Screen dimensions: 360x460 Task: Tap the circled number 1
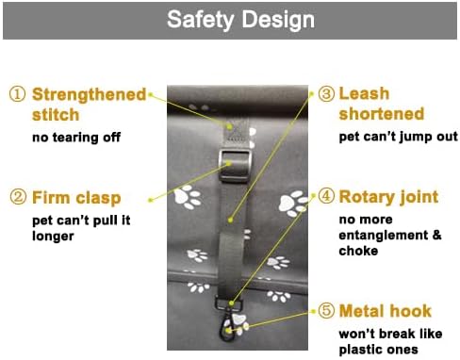(x=17, y=95)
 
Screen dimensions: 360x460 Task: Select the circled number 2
(x=17, y=198)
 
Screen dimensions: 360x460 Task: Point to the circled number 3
(x=325, y=94)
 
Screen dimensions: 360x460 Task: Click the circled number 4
(x=325, y=197)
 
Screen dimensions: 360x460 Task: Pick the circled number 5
(x=325, y=311)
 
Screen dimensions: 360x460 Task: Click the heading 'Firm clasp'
(x=76, y=198)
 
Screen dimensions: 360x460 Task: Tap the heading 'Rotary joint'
(x=388, y=197)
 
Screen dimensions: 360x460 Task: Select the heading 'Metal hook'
(x=385, y=311)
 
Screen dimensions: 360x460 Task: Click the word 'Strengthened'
(x=90, y=95)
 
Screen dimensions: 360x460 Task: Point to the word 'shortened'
(x=381, y=115)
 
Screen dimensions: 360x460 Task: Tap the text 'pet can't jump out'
(x=398, y=138)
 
